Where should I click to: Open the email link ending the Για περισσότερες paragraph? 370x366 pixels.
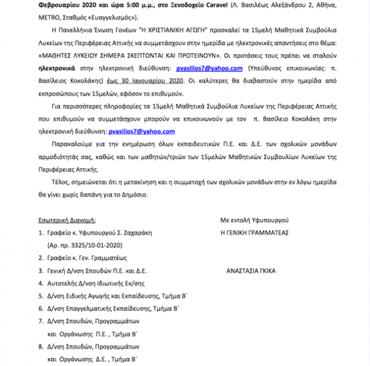141,131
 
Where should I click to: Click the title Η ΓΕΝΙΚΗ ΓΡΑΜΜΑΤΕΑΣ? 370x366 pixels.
259,233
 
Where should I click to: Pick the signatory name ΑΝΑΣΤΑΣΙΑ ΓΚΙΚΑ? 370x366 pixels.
251,270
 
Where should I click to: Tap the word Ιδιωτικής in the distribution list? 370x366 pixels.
106,283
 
